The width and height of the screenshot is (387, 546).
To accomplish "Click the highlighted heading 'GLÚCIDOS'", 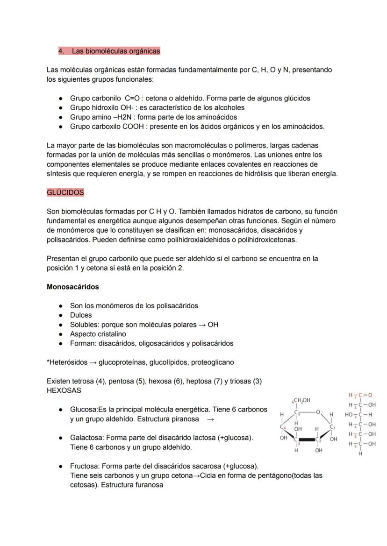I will click(65, 192).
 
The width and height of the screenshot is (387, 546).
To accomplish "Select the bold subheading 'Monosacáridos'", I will click(72, 287).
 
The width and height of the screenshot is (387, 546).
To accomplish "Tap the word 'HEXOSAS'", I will click(64, 390).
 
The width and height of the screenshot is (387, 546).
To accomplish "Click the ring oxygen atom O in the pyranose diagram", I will click(317, 412).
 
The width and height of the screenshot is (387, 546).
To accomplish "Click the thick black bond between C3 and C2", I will click(308, 440).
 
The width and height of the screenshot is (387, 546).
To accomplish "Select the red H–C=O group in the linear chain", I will click(360, 396).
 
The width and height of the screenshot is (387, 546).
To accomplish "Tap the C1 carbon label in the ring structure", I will click(332, 426).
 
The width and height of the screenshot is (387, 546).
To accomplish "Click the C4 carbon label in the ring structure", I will click(283, 426).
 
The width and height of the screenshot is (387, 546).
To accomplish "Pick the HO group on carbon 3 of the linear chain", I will click(349, 415).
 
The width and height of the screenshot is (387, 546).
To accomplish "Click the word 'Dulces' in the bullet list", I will click(81, 315).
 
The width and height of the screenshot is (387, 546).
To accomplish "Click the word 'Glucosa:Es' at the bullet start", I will click(88, 410).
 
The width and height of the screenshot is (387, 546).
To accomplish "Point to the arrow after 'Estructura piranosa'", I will click(210, 419).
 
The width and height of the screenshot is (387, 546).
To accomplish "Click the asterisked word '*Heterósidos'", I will click(67, 362).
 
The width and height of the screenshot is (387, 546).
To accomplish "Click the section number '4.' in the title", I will click(61, 50).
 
